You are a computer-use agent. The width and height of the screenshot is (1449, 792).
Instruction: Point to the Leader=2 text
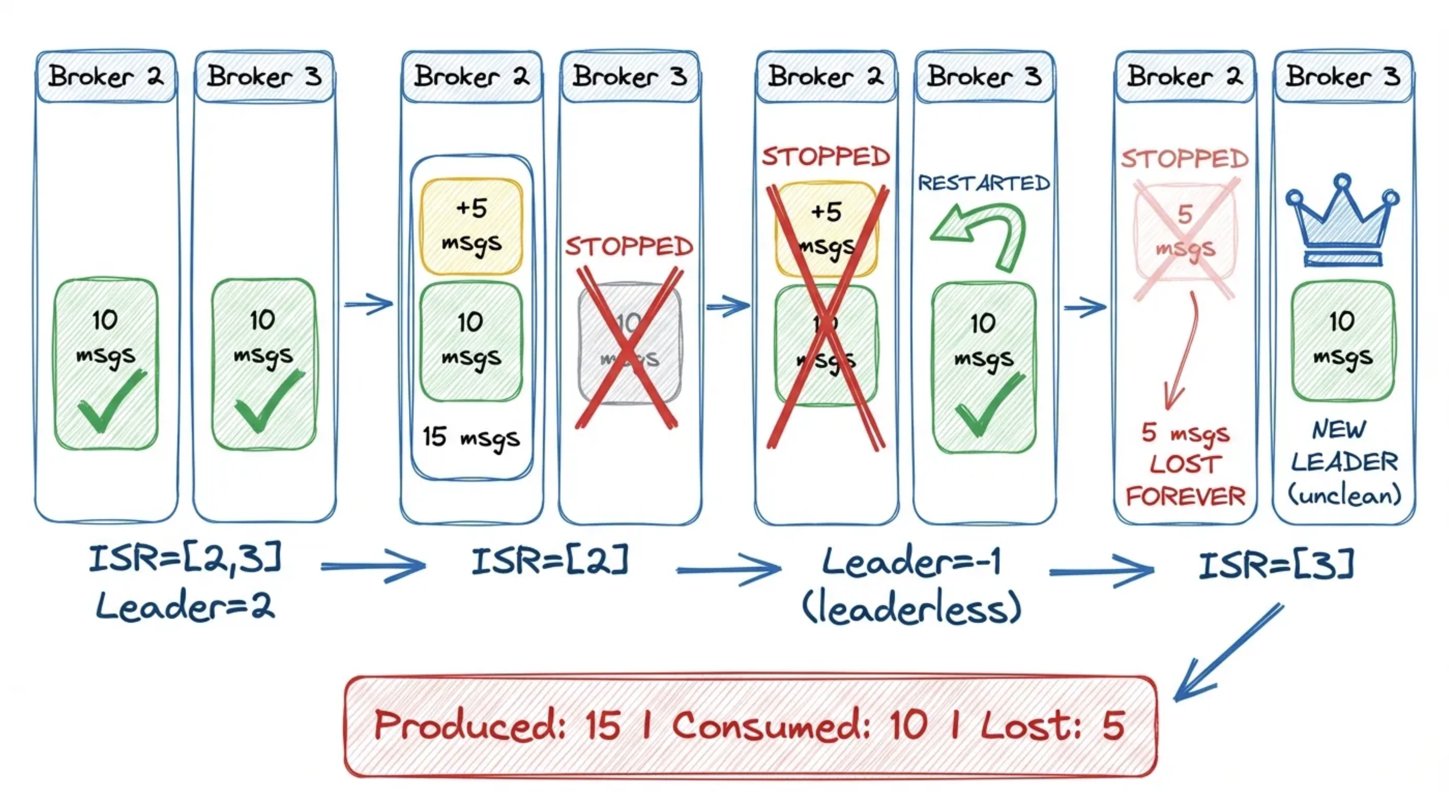[x=186, y=606]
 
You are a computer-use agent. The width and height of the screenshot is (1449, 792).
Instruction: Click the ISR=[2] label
[x=550, y=561]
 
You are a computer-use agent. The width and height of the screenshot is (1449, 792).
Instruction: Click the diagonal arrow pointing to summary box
[x=1229, y=653]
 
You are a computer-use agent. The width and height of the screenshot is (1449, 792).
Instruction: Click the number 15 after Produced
[x=603, y=726]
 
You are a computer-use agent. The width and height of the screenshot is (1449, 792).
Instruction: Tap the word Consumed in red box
[x=771, y=726]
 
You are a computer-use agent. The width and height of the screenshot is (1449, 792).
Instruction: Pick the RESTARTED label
[x=984, y=183]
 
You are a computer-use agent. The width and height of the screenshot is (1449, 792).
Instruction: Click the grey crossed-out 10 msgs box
[x=629, y=343]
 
